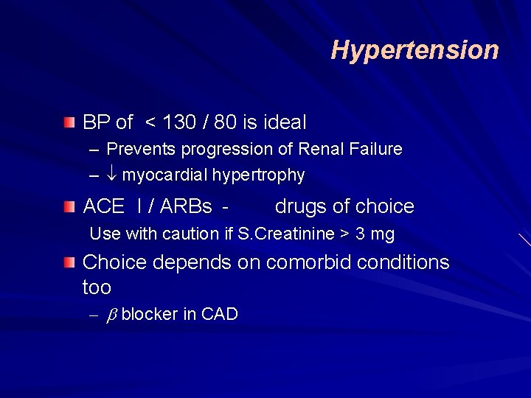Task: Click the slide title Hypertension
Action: [414, 50]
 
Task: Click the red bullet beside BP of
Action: [69, 122]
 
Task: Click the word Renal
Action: [322, 150]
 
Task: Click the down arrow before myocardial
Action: [113, 175]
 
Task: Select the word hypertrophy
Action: [260, 175]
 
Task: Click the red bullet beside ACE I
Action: [69, 206]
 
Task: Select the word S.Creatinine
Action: [285, 234]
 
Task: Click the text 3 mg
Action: [375, 234]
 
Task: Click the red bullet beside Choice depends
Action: [69, 262]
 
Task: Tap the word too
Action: [97, 287]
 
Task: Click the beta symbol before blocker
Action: [112, 315]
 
